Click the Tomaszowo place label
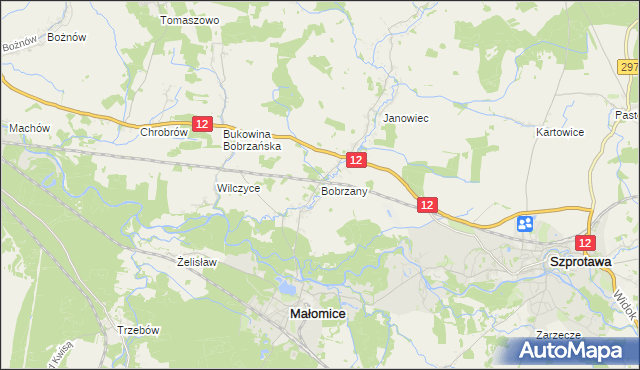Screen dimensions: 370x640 pos(189,20)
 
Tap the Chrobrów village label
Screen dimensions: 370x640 pos(164,132)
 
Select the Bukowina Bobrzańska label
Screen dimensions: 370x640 pos(253,139)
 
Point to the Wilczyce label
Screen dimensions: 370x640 pos(238,188)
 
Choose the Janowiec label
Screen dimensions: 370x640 pos(406,118)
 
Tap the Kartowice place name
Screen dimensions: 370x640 pos(559,132)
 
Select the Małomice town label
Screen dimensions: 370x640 pos(317,313)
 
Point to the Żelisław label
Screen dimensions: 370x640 pos(196,262)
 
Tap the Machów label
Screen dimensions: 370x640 pos(29,128)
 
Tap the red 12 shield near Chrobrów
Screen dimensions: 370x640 pos(202,124)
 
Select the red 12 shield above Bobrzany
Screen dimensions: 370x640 pos(357,160)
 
